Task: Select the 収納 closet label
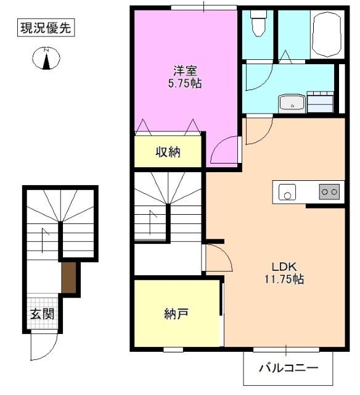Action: pos(167,152)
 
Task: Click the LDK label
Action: pos(285,266)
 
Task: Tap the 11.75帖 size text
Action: pos(285,279)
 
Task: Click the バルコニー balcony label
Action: pos(287,368)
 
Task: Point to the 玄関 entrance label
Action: pos(43,314)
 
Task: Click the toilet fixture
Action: pos(258,25)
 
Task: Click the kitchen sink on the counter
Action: pos(286,192)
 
